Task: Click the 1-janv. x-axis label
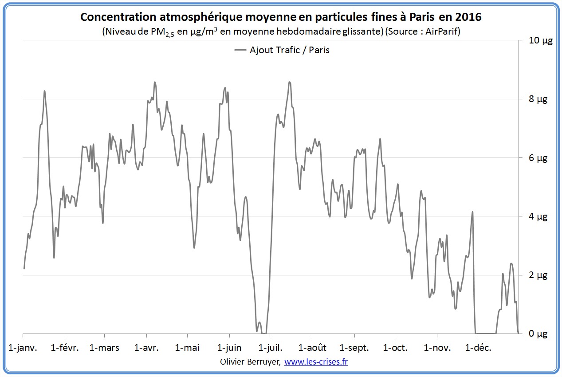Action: [x=23, y=348]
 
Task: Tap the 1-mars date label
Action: [x=104, y=348]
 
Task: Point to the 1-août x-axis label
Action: [x=312, y=348]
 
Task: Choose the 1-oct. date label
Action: [x=395, y=348]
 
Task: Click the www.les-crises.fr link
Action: [x=316, y=362]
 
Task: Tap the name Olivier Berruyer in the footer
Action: [x=250, y=362]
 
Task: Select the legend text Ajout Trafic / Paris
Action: [x=290, y=50]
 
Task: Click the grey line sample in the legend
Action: [x=240, y=50]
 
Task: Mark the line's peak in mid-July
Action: [x=289, y=82]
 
